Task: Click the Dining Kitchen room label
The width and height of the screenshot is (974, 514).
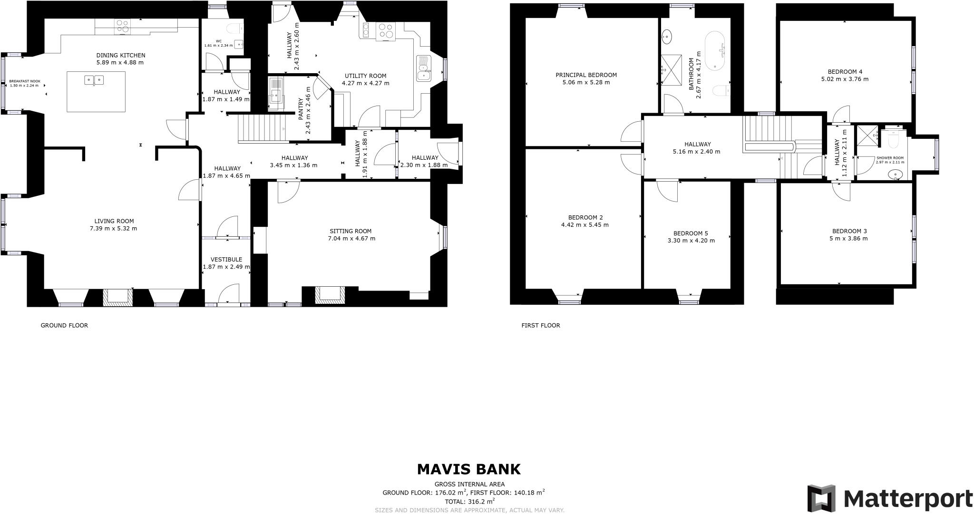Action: [x=120, y=56]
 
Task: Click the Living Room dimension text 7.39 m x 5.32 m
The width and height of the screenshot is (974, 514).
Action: [x=114, y=229]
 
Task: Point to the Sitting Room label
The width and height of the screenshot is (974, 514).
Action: [x=351, y=231]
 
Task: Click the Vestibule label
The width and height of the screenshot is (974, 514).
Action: [x=226, y=260]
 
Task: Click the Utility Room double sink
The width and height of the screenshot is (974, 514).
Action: [x=422, y=69]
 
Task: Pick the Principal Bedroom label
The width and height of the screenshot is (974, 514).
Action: [x=586, y=75]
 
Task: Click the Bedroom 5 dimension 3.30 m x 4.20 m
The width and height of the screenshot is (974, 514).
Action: [x=691, y=241]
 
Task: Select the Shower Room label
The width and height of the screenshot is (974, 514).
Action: [x=890, y=158]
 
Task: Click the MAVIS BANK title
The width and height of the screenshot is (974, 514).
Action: [x=468, y=470]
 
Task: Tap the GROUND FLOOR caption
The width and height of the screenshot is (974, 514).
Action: [x=64, y=326]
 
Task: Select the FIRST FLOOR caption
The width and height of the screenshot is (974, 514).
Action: [x=541, y=326]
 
